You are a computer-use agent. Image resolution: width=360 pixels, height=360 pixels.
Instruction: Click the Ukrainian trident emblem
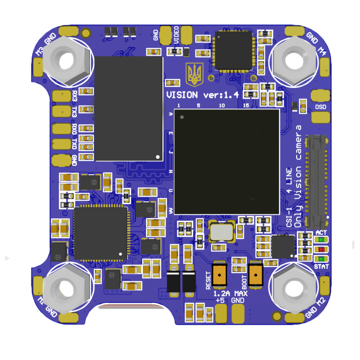click(x=195, y=74)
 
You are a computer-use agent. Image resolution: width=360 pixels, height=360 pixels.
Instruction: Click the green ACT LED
click(x=321, y=240)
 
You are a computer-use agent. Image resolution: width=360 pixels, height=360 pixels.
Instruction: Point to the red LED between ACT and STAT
click(x=321, y=250)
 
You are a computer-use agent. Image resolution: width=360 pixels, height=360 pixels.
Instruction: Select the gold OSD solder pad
click(x=321, y=117)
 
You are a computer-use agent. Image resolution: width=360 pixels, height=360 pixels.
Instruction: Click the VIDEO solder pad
click(x=186, y=35)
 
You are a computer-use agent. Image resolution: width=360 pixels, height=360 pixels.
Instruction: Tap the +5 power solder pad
click(x=220, y=314)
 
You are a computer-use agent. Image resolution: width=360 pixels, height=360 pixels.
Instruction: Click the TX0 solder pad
click(x=61, y=144)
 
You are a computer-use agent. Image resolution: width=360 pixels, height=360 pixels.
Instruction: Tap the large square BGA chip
click(x=226, y=161)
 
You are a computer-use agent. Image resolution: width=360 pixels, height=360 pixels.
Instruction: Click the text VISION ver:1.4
click(x=202, y=95)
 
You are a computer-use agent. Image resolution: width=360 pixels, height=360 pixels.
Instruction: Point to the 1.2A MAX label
click(x=230, y=293)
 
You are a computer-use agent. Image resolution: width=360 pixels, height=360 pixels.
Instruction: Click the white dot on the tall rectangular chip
click(x=158, y=156)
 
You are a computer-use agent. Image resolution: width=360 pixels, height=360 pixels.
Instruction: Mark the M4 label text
click(x=322, y=51)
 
